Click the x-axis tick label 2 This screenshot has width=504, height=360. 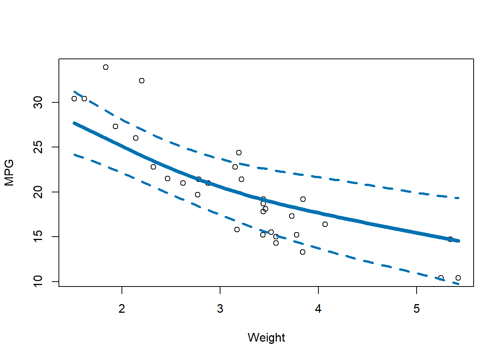click(x=122, y=309)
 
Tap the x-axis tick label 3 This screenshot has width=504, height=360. click(x=220, y=309)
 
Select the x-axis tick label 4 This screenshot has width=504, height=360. click(x=318, y=309)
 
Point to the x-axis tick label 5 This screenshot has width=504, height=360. click(x=417, y=309)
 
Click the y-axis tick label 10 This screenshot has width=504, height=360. click(x=38, y=281)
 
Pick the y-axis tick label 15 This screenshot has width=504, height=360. click(x=38, y=237)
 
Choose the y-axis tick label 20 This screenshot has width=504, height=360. click(x=38, y=192)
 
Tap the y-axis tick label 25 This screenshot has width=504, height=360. click(x=38, y=147)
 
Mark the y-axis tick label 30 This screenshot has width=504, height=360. click(x=38, y=102)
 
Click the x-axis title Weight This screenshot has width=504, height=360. click(x=266, y=337)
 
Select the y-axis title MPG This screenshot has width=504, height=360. click(x=9, y=172)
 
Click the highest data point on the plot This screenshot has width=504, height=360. click(x=106, y=67)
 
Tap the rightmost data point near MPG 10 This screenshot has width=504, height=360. click(x=458, y=278)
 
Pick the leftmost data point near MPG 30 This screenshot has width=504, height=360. click(x=74, y=99)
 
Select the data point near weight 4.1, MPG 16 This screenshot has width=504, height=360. click(x=325, y=224)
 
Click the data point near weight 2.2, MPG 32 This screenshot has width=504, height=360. click(x=142, y=81)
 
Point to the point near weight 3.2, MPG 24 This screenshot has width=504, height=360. click(x=239, y=153)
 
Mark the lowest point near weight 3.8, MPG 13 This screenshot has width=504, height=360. click(x=303, y=252)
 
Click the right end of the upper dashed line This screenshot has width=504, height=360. click(x=459, y=198)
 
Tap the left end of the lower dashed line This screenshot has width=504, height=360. click(x=74, y=154)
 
